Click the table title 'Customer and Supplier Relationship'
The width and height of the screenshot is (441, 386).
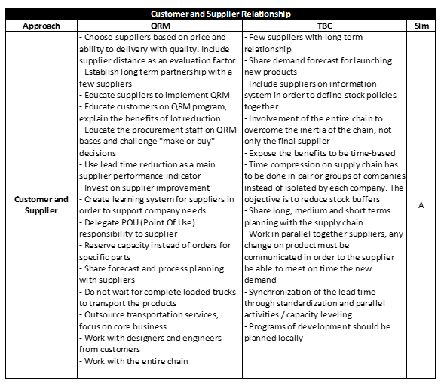(x=220, y=14)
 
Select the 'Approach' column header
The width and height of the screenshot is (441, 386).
(x=41, y=25)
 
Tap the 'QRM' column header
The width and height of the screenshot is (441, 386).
(x=159, y=25)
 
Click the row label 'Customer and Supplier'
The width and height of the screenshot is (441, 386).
(x=41, y=205)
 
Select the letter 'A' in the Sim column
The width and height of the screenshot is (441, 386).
(x=421, y=204)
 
